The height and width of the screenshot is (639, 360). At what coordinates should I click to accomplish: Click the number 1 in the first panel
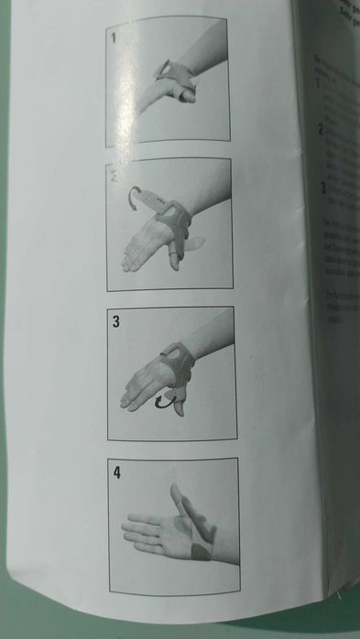point(114,38)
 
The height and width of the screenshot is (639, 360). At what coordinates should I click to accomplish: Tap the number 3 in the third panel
point(116,321)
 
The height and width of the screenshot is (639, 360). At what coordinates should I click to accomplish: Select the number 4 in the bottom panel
point(117,474)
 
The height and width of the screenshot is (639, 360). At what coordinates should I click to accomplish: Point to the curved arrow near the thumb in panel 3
point(164,401)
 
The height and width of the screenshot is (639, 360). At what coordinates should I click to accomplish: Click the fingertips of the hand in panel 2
point(127,265)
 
